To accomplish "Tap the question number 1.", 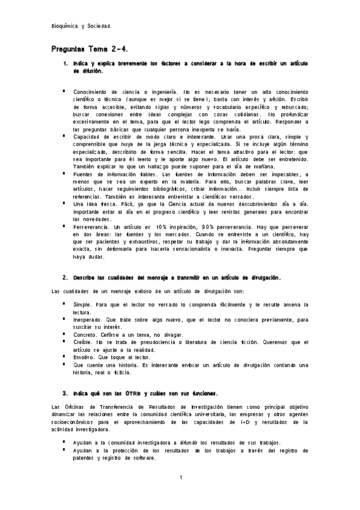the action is coord(65,63).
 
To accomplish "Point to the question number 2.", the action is coord(65,278).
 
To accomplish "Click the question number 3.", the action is coord(65,393).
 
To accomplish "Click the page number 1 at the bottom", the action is coord(180,478).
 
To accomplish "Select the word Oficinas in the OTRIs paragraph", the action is coord(79,408).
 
